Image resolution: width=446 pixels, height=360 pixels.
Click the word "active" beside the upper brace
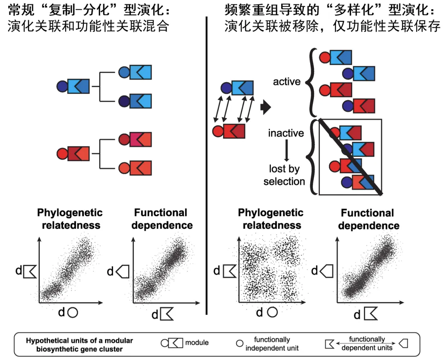click(x=287, y=81)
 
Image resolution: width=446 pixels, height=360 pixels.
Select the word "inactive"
click(x=286, y=133)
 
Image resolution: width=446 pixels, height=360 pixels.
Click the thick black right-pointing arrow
click(x=265, y=108)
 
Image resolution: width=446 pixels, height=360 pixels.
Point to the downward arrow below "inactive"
click(x=286, y=152)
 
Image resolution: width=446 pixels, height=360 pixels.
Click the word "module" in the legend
click(x=197, y=343)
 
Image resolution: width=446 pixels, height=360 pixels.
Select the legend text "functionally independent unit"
click(x=272, y=344)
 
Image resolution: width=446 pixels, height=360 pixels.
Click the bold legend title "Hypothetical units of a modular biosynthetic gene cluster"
click(x=79, y=345)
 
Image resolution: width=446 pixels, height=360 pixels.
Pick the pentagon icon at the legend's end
click(x=403, y=343)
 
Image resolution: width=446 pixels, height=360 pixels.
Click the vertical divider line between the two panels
click(x=206, y=166)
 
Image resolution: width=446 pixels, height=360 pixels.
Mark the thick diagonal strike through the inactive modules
click(x=350, y=157)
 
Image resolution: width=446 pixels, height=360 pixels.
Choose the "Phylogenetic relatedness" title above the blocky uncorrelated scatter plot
click(x=271, y=219)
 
